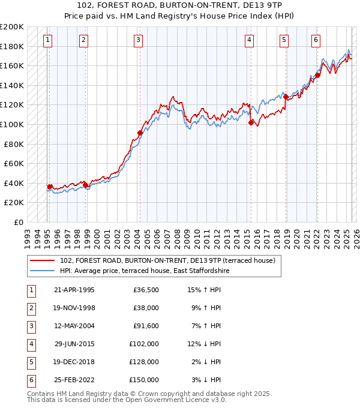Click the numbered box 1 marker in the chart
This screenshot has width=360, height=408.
47,40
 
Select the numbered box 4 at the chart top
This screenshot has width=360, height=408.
248,40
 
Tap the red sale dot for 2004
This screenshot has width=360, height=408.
140,133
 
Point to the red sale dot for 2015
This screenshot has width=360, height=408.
251,122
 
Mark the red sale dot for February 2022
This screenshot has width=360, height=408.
317,75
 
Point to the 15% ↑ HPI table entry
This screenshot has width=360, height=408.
205,290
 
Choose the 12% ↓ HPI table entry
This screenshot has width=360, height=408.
205,344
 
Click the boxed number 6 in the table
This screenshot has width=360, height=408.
30,380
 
